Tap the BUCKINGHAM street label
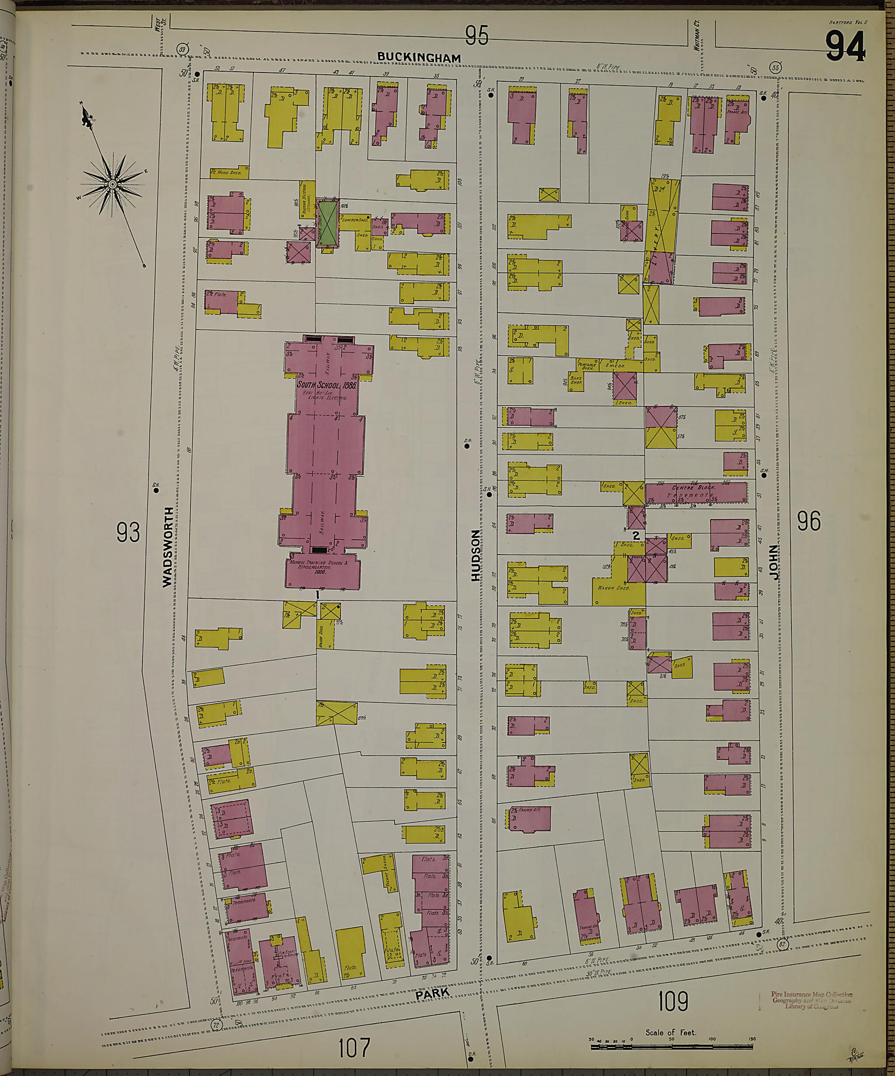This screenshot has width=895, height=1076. coord(420,57)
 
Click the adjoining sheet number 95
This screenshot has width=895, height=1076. coord(476,36)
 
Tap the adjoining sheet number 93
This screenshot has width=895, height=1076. coord(128,532)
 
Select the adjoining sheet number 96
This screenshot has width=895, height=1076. coord(809,521)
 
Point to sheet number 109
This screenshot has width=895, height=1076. coord(673,1001)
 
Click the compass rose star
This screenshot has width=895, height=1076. coord(112,184)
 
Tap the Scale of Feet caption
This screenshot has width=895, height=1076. coord(671,1032)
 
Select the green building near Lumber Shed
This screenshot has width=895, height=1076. coord(327,224)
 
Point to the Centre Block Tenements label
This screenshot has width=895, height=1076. coord(693,491)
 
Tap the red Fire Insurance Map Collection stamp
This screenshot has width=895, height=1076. coord(812,1000)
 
